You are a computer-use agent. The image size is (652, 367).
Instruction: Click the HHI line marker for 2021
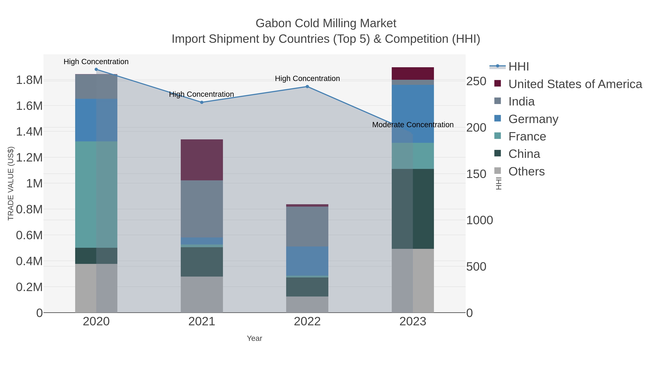pyautogui.click(x=202, y=102)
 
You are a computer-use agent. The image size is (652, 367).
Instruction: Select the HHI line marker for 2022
pyautogui.click(x=307, y=87)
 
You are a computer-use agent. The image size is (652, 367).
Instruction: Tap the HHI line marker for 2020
pyautogui.click(x=96, y=69)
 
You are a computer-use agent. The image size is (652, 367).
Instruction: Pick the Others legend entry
pyautogui.click(x=526, y=171)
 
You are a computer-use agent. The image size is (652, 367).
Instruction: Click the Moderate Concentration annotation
pyautogui.click(x=413, y=125)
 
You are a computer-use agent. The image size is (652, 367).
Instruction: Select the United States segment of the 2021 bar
pyautogui.click(x=202, y=160)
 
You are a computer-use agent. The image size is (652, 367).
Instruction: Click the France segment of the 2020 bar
pyautogui.click(x=96, y=194)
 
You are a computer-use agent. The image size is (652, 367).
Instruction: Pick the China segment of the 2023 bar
pyautogui.click(x=413, y=209)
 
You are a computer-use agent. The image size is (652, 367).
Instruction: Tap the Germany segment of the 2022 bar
pyautogui.click(x=307, y=261)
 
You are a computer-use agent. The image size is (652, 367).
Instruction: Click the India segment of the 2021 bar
pyautogui.click(x=202, y=209)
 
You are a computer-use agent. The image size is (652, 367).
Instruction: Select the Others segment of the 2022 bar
pyautogui.click(x=307, y=304)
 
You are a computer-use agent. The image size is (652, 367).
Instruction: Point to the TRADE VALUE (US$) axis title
pyautogui.click(x=11, y=183)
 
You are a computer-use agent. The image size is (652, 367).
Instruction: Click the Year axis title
pyautogui.click(x=254, y=338)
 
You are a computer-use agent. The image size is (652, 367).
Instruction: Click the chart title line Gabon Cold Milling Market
pyautogui.click(x=326, y=23)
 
